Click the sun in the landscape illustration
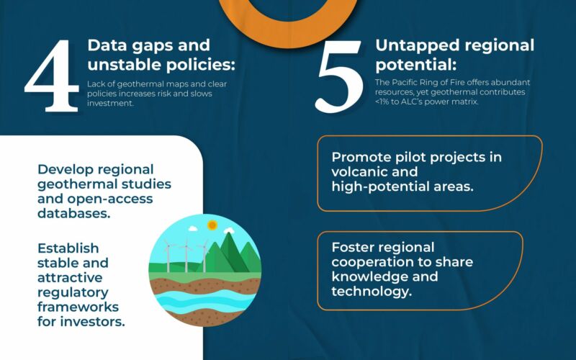pos(212,225)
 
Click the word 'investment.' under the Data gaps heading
pos(111,104)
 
